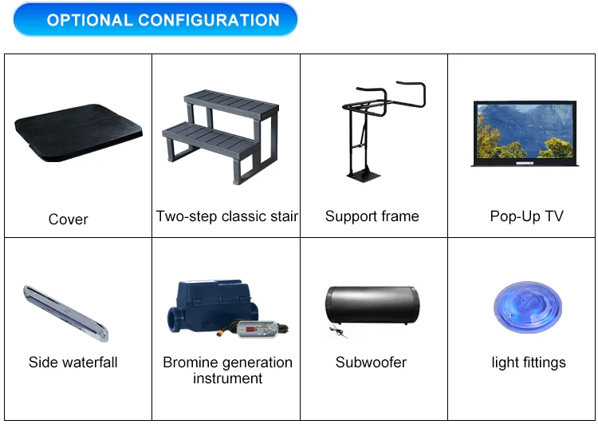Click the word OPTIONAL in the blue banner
coord(89,20)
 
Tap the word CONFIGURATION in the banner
coord(209,20)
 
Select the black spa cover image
coord(78,133)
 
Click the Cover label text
coord(69,220)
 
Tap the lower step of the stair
coord(209,137)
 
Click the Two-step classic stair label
coord(227,216)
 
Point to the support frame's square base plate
coord(364,176)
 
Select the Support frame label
coord(372,216)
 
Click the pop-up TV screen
coord(525,132)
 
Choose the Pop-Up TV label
coord(527,216)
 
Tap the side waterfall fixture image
coord(65,313)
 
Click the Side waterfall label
coord(73,363)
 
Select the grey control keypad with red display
coord(258,329)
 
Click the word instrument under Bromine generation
coord(228,379)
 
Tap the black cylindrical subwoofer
coord(372,305)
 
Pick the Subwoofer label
coord(371,363)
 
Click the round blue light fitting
coord(528,307)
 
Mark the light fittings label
coord(529,363)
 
